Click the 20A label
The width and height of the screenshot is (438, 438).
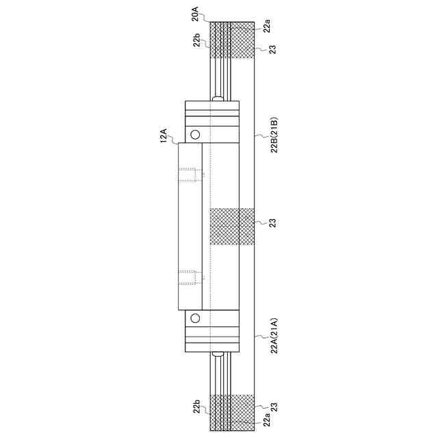[195, 13]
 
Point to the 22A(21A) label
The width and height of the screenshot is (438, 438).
[272, 336]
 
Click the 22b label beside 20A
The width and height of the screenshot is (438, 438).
[198, 42]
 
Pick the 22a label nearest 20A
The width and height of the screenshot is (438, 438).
[268, 27]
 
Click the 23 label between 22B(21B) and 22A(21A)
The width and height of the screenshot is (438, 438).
[272, 223]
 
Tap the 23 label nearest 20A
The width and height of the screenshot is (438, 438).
[272, 49]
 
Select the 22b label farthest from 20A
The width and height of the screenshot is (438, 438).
[198, 409]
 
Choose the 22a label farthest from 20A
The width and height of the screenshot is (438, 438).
[268, 419]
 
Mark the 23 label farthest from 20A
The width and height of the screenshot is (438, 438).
[272, 407]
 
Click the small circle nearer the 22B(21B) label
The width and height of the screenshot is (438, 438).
[195, 134]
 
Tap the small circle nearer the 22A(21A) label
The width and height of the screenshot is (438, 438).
[195, 318]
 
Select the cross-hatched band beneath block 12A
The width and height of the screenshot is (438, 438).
[232, 226]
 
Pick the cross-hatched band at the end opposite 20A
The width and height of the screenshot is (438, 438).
[232, 413]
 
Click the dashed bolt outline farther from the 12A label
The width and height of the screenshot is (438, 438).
[192, 277]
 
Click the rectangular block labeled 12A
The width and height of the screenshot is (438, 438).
[190, 226]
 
